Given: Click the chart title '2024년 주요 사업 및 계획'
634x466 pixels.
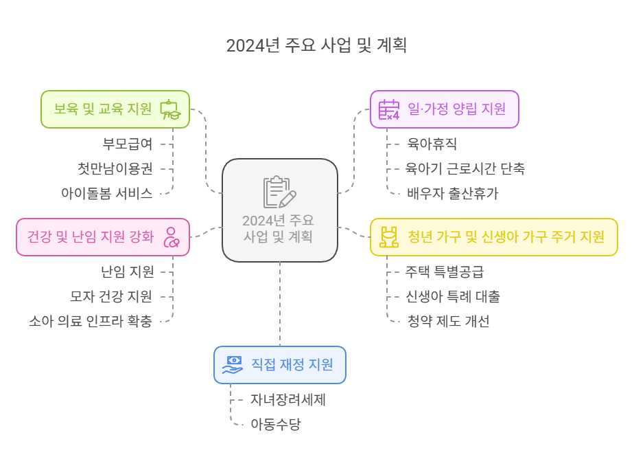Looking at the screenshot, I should click(x=316, y=45).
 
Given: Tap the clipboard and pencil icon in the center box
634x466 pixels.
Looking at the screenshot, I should click(x=279, y=192).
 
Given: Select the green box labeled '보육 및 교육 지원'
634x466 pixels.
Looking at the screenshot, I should click(x=115, y=109).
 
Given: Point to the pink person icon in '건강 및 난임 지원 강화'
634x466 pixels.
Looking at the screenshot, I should click(x=171, y=237).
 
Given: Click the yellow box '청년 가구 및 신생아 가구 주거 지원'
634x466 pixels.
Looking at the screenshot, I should click(x=493, y=237).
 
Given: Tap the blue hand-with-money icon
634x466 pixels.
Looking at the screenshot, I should click(x=232, y=365).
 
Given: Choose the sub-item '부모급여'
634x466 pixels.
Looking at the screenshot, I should click(x=128, y=144).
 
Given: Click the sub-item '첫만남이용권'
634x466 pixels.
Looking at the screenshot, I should click(x=115, y=168).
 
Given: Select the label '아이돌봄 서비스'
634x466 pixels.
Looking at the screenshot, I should click(x=106, y=193).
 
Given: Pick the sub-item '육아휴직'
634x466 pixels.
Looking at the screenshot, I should click(x=432, y=144).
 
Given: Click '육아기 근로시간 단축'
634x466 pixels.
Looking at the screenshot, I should click(x=466, y=168).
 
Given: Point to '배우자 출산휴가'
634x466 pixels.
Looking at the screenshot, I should click(x=453, y=193).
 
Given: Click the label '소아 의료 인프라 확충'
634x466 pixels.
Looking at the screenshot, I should click(x=91, y=321).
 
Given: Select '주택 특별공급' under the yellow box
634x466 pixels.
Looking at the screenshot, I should click(x=445, y=271).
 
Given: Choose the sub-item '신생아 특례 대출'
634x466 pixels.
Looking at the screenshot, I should click(x=454, y=296).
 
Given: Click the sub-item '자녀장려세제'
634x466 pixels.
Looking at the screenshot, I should click(x=287, y=399).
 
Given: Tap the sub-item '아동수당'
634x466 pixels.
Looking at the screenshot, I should click(x=275, y=424).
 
